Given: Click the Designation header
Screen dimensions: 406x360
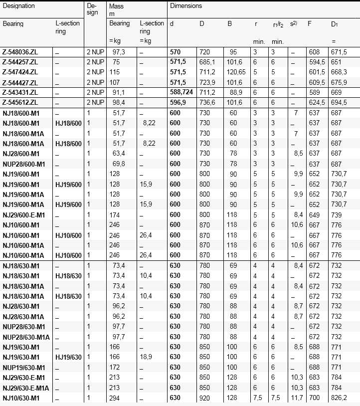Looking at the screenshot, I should [19, 6].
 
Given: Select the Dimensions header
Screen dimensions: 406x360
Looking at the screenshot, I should [186, 6].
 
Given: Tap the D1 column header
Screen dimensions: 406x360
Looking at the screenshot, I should [335, 24].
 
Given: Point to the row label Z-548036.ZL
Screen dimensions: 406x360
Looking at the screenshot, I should [20, 52].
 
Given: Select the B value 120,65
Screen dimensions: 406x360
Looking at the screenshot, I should [234, 72].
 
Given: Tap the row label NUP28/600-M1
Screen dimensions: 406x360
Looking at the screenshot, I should [23, 164].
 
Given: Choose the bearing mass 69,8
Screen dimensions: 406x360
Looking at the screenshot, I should [119, 164].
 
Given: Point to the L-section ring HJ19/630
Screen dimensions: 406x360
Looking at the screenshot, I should [68, 357].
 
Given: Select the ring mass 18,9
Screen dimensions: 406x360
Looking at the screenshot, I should [148, 357].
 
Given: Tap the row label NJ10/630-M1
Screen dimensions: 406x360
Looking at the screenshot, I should [20, 398].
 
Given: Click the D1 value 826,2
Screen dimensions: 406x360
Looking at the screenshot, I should [339, 398].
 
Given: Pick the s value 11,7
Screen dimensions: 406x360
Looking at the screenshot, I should [296, 398].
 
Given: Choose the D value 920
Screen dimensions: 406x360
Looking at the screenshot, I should [204, 398].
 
